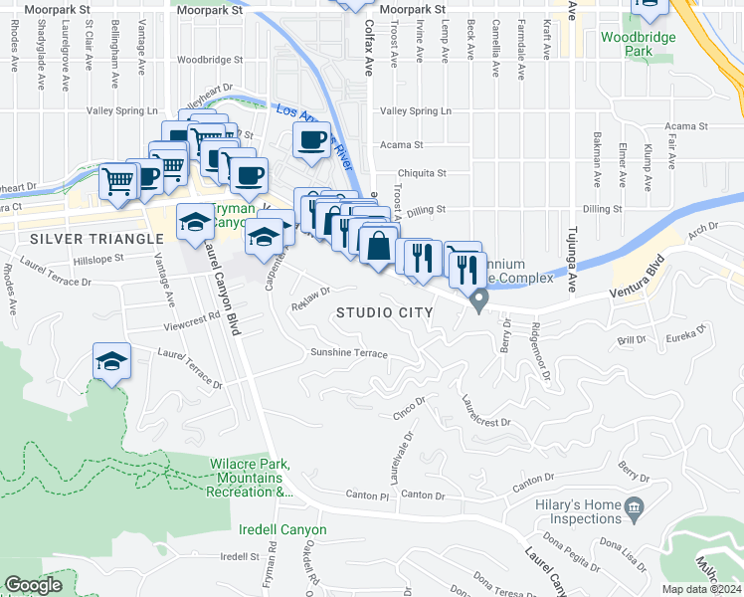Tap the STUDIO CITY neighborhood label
(384, 312)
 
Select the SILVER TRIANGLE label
(96, 239)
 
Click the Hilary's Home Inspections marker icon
(634, 510)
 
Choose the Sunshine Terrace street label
(348, 353)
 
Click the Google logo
(33, 585)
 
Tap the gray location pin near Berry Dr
(479, 298)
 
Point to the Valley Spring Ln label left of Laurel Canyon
(123, 110)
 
